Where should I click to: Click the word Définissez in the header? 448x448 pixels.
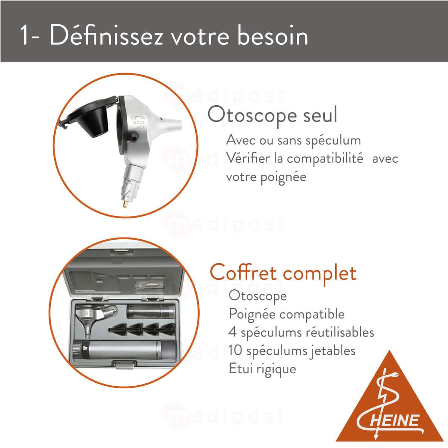coord(106,36)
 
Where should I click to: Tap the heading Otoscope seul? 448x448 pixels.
coord(272,115)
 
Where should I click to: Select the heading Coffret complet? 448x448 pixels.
coord(283,272)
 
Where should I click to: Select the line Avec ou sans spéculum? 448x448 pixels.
coord(293,140)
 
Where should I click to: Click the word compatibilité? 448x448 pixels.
coord(325,158)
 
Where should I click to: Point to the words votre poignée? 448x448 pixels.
coord(266,176)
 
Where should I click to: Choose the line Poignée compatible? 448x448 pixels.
coord(286,314)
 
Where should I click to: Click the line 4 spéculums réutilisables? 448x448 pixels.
coord(301,332)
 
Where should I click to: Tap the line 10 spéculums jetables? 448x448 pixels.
coord(292,350)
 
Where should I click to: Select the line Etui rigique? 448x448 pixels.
coord(262,368)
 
